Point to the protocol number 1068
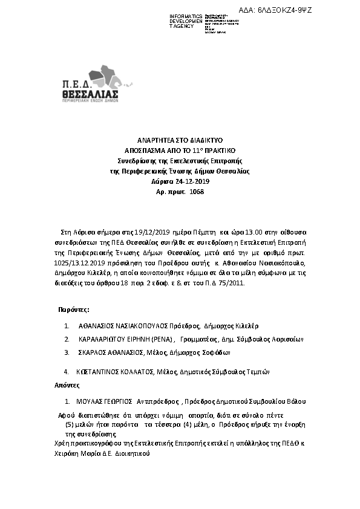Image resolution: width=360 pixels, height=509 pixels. click(197, 192)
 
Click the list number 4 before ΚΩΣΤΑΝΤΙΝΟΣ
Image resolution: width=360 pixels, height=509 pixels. click(65, 372)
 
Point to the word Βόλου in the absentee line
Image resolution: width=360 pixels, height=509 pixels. click(297, 401)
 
